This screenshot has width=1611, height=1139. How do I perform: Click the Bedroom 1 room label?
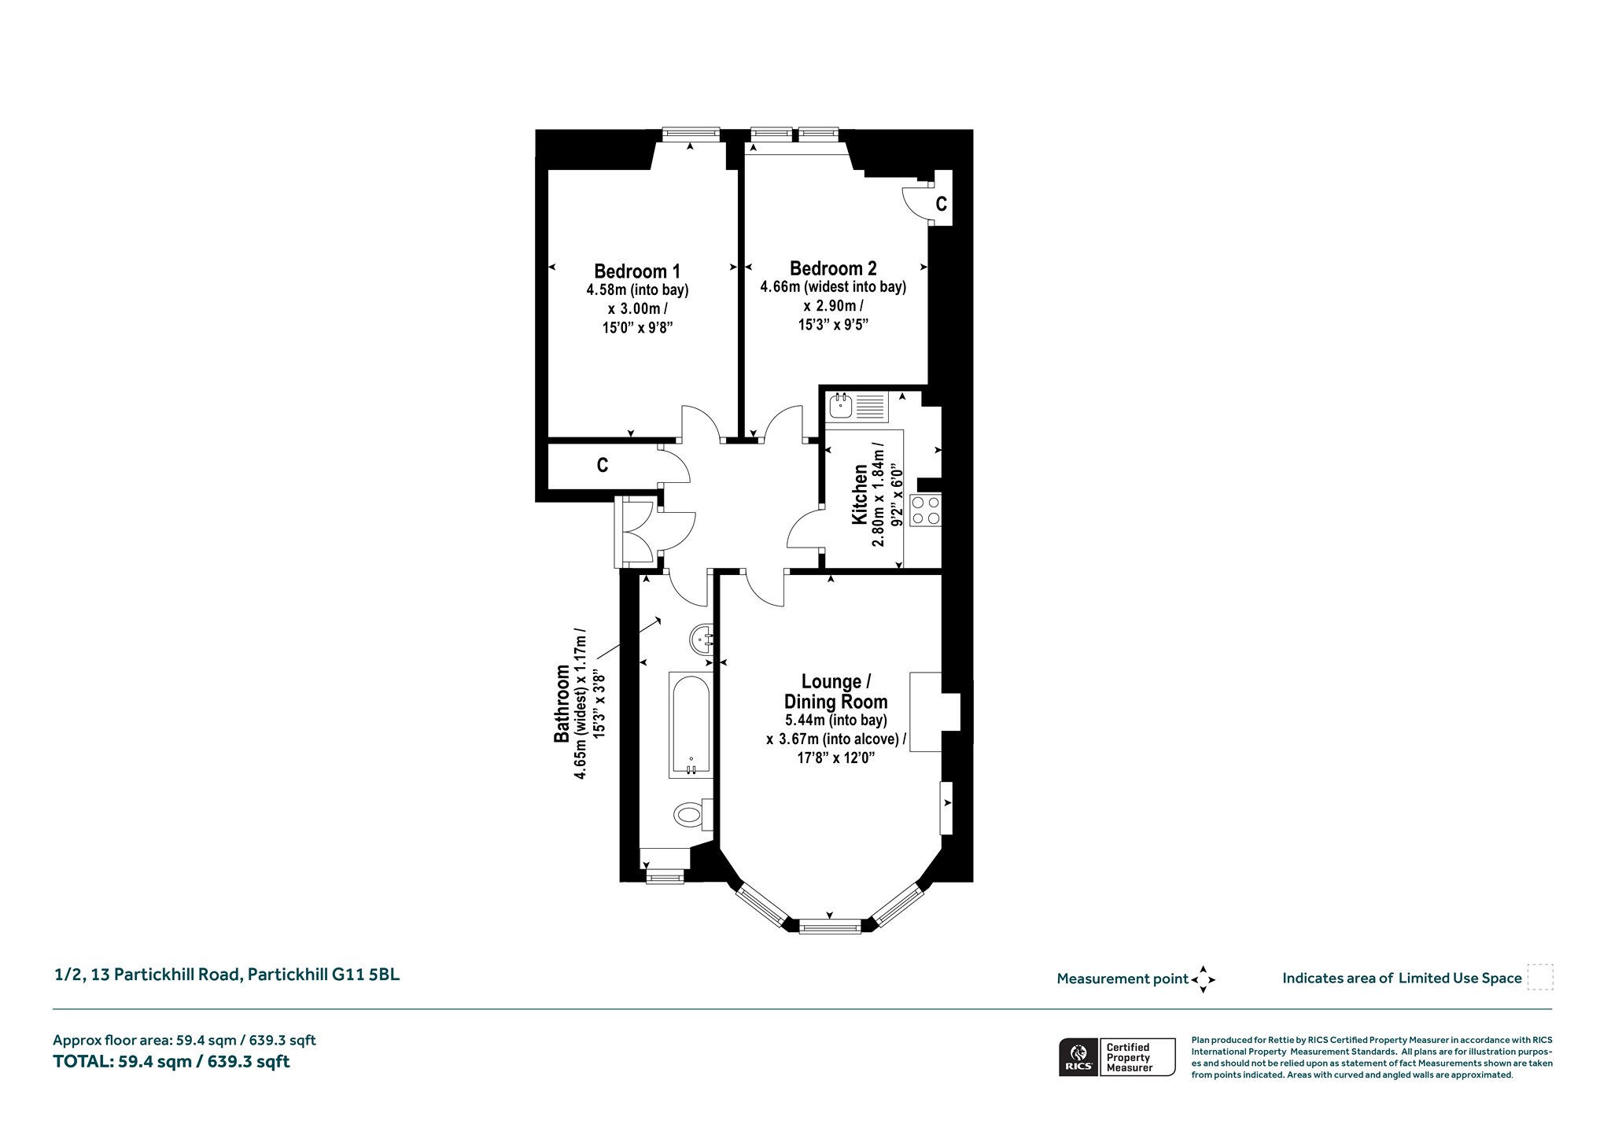coord(637,271)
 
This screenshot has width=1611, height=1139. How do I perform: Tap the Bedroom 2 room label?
coord(833,268)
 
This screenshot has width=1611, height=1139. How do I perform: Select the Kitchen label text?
coord(860,495)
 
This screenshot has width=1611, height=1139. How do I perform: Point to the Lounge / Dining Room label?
coord(835,691)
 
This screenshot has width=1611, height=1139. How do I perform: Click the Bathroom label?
coord(562,705)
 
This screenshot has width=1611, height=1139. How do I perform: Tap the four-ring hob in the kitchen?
coord(925,510)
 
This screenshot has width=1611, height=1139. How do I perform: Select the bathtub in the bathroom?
coord(691,724)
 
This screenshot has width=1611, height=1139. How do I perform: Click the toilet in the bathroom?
coord(693,813)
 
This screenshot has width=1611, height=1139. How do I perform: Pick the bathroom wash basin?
coord(702,639)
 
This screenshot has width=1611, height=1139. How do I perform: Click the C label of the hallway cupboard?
coord(603,466)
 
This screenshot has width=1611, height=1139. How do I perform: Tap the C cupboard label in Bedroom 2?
coord(941,205)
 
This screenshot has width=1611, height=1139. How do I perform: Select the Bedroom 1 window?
coord(691,135)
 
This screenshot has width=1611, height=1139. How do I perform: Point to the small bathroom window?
coord(665,876)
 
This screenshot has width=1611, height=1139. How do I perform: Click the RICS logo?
coord(1077,1057)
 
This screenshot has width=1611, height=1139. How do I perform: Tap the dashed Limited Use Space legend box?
coord(1540,978)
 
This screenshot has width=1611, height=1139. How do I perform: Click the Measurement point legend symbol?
coord(1203,979)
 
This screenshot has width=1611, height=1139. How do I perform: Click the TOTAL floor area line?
coord(171,1062)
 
